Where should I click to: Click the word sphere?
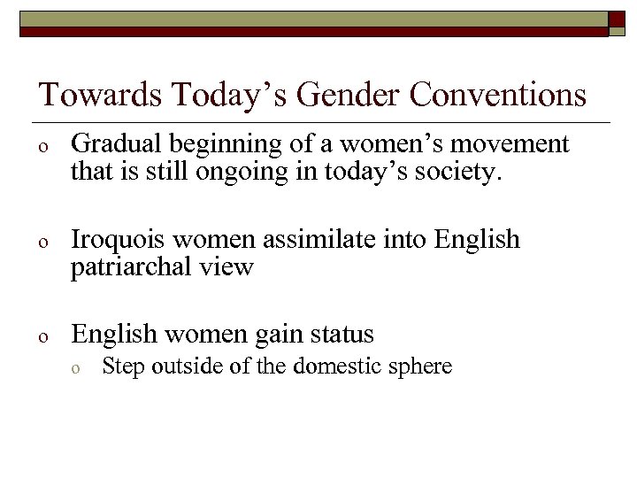pos(420,367)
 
